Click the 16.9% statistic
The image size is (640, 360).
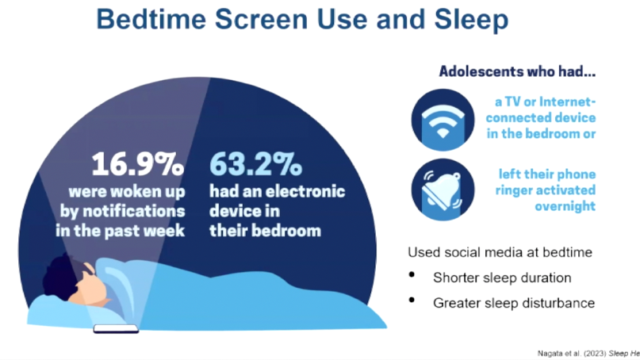coord(138,164)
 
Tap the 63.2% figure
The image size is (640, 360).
coord(256,164)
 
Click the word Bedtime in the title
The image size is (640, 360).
coord(151,19)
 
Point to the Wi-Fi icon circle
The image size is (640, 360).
coord(443,120)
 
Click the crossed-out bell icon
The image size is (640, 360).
coord(443,190)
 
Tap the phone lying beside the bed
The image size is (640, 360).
coord(116,328)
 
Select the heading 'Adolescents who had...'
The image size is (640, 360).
coord(517,71)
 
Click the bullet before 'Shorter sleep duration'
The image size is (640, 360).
coord(412,275)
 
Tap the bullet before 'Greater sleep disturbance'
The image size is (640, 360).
coord(412,301)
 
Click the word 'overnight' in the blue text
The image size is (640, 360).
coord(565,206)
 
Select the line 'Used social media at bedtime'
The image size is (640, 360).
coord(500,252)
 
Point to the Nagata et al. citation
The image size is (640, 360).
coord(588,354)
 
